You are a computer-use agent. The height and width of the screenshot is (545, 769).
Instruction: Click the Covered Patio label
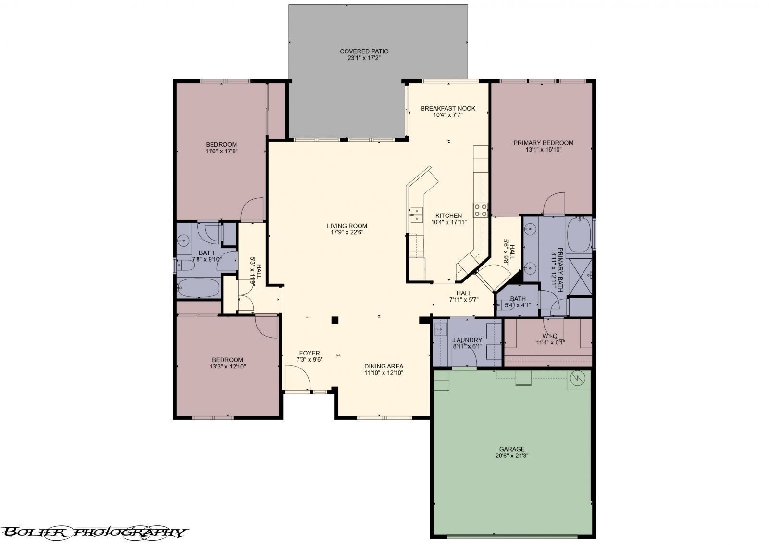click(x=364, y=51)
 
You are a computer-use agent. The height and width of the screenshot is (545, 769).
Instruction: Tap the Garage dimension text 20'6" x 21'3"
click(x=511, y=455)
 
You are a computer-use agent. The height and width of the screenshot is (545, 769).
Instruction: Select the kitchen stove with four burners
click(x=481, y=210)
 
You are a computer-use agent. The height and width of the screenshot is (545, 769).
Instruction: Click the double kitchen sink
click(x=416, y=214)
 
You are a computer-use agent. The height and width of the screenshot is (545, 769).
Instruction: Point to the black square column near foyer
click(x=335, y=319)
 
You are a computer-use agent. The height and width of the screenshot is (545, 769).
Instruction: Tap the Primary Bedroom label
click(x=543, y=143)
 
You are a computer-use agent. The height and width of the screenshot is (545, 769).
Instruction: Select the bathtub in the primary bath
click(x=580, y=236)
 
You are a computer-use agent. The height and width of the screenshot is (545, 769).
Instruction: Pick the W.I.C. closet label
click(x=550, y=336)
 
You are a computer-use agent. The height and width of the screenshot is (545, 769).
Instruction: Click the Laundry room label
click(x=467, y=340)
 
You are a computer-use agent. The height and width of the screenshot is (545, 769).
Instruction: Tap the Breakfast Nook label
click(x=447, y=108)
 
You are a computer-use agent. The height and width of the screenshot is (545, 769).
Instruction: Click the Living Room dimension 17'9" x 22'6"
click(x=347, y=232)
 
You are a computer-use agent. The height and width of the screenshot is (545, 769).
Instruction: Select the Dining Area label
click(x=383, y=366)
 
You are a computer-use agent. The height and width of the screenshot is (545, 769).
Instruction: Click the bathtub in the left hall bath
click(x=198, y=288)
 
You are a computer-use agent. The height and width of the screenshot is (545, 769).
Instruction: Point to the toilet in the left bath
click(x=185, y=265)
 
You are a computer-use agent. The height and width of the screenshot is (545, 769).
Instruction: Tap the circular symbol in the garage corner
click(x=576, y=380)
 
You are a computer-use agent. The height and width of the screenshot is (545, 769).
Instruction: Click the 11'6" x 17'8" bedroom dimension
click(x=221, y=151)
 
